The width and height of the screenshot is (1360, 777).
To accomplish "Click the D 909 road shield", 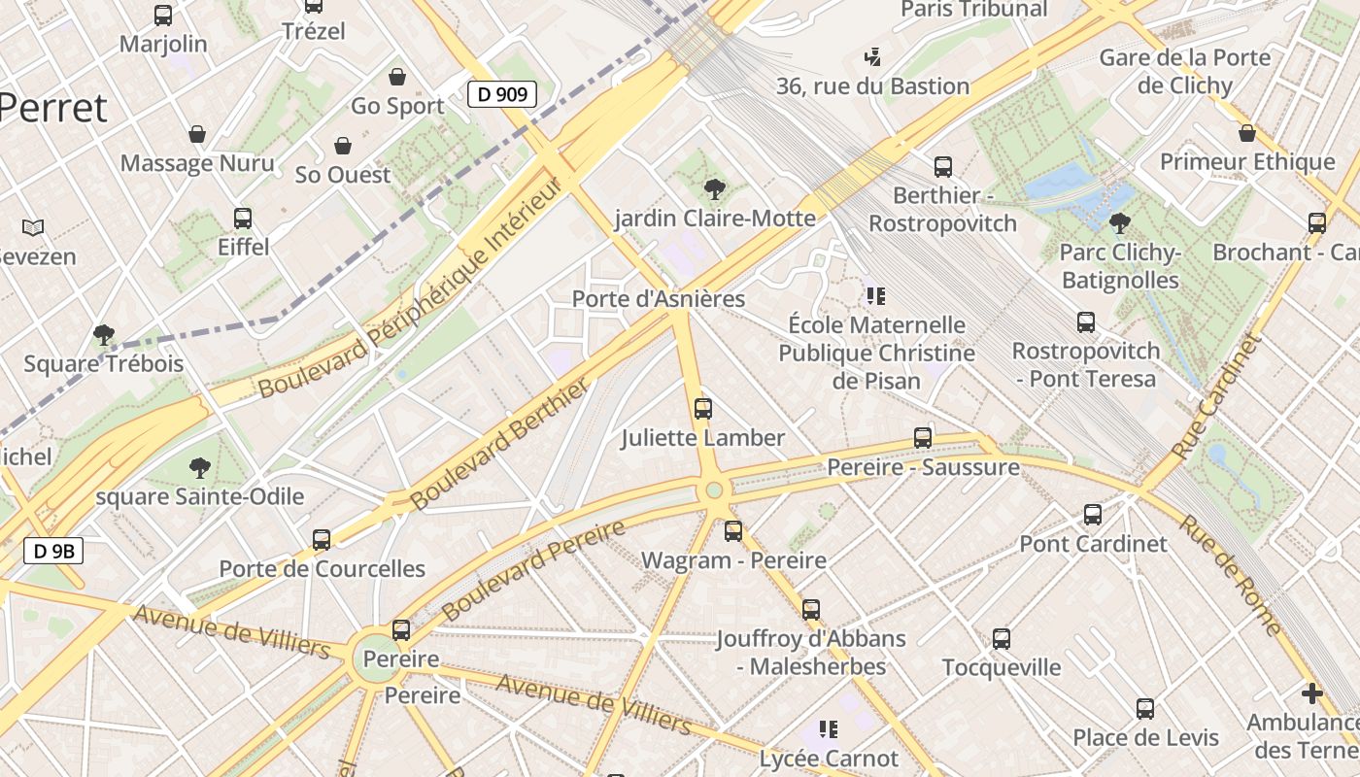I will click(x=502, y=94).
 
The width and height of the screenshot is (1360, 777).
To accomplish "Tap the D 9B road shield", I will click(x=53, y=552).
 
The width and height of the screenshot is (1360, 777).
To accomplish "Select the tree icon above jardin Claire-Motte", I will click(x=714, y=188).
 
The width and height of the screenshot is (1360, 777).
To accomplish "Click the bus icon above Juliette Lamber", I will click(x=703, y=409).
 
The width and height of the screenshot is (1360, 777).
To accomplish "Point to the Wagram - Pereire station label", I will click(x=733, y=560).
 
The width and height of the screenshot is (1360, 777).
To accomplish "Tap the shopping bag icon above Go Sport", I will click(x=396, y=77).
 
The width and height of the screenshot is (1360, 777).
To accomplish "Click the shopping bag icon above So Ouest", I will click(x=342, y=146).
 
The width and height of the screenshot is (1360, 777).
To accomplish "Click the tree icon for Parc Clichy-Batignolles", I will click(x=1119, y=223).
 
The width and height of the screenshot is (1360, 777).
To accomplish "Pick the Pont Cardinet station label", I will click(x=1093, y=544).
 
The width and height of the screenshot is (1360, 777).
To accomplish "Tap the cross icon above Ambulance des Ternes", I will click(x=1311, y=693).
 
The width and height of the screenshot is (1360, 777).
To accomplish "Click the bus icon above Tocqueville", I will click(x=1002, y=639).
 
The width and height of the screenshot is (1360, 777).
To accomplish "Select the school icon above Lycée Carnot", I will click(x=828, y=728).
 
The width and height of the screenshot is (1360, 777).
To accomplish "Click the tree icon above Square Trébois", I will click(x=103, y=335).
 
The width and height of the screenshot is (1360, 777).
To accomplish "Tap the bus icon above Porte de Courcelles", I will click(x=322, y=539).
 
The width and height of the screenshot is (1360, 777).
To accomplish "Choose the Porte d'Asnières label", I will click(x=659, y=299).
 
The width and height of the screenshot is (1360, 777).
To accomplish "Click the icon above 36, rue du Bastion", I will click(x=872, y=56).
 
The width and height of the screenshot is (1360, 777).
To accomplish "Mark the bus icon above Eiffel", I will click(x=243, y=219).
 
